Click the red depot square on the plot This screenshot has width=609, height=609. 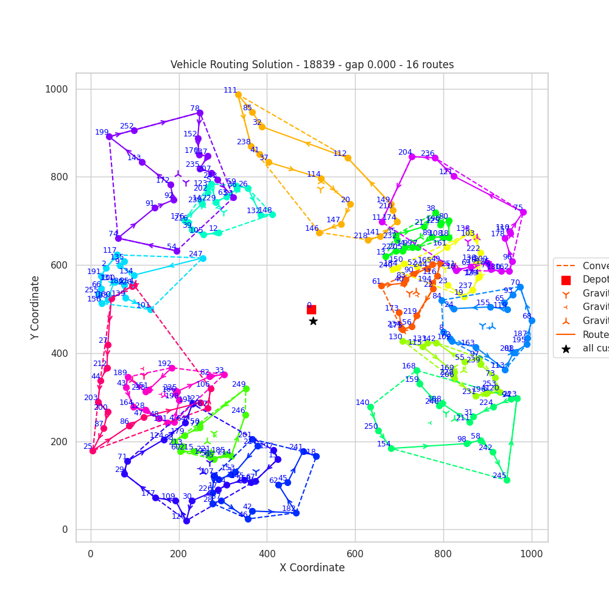(x=311, y=309)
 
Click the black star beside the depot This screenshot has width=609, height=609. (x=313, y=321)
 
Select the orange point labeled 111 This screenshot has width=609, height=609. (x=238, y=95)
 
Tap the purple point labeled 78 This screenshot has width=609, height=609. (x=200, y=113)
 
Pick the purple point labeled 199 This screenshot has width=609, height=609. (x=109, y=136)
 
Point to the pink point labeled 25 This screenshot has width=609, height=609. (x=93, y=451)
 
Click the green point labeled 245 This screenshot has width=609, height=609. (x=507, y=480)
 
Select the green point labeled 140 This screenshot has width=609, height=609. (x=370, y=407)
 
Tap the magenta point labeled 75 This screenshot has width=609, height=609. (x=523, y=212)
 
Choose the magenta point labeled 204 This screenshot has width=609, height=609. (x=412, y=157)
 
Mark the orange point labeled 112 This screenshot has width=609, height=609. (x=348, y=158)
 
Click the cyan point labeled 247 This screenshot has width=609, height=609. (x=203, y=258)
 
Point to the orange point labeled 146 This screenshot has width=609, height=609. (x=319, y=233)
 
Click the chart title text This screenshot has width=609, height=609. (x=312, y=65)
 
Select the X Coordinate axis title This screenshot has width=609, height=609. (x=312, y=568)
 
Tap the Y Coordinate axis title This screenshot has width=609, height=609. (x=35, y=307)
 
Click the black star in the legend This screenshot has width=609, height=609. (x=566, y=349)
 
